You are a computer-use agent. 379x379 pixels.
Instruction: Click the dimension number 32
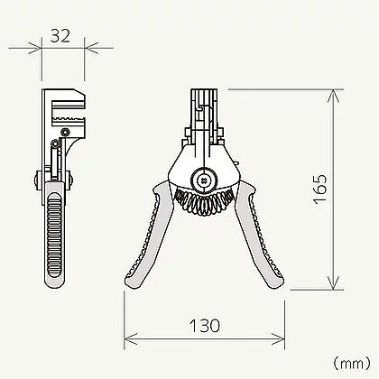60,35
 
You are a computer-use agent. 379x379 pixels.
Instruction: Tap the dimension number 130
205,326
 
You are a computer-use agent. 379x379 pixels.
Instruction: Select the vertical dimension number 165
319,189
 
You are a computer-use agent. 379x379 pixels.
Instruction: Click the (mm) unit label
351,364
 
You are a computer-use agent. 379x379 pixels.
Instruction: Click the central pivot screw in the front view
204,180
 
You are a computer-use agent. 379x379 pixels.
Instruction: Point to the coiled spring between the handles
204,200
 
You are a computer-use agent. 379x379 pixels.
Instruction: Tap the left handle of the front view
148,237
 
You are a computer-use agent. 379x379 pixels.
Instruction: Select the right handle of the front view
259,237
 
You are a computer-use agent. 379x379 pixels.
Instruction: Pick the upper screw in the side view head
65,132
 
